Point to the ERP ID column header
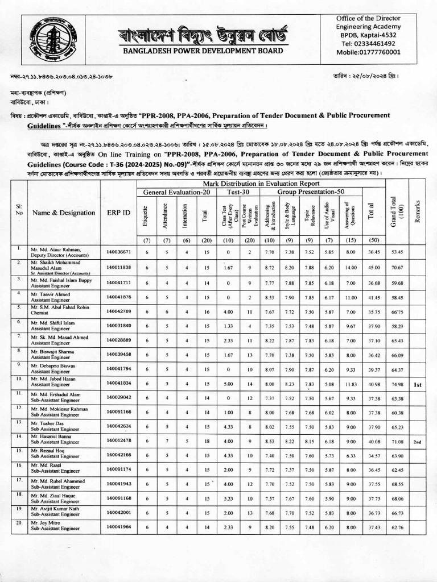tap(118, 213)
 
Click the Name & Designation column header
tap(63, 213)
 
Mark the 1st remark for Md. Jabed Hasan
tap(417, 385)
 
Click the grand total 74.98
tap(397, 385)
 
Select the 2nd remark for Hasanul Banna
tap(417, 441)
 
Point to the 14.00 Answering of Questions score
tap(350, 267)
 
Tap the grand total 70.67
tap(397, 267)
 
